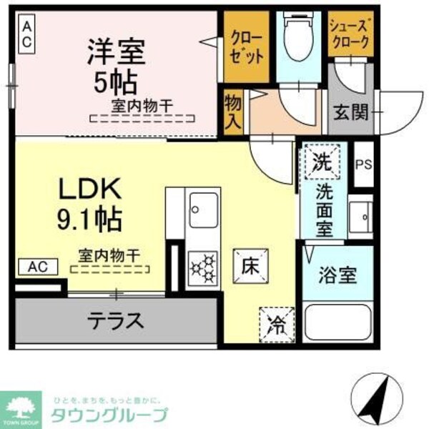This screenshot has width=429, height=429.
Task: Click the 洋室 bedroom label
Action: pos(117,51)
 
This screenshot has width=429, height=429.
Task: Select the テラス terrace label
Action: pos(115,319)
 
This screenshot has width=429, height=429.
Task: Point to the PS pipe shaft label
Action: pos(364,164)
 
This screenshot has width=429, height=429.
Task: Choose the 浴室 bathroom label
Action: pos(337,275)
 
